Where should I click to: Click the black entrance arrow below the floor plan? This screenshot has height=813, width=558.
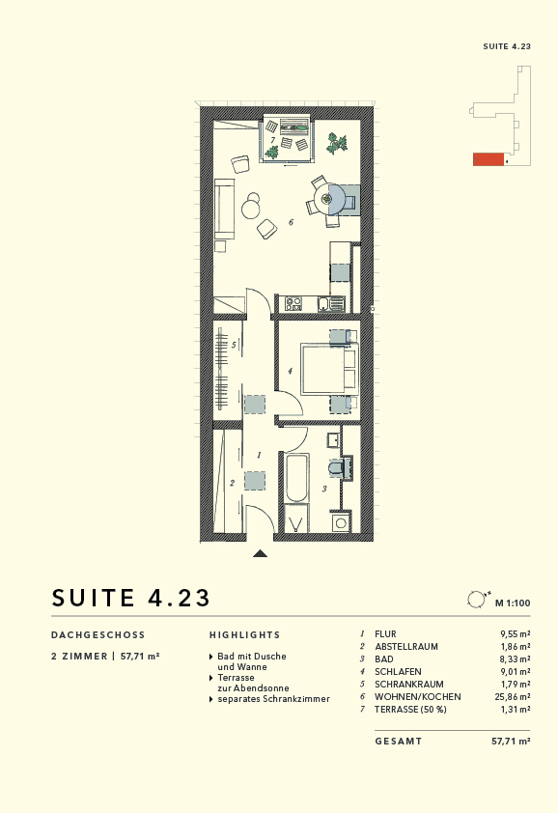(259, 553)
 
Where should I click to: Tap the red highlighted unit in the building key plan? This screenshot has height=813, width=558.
(488, 159)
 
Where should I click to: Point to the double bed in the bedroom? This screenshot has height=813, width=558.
(326, 369)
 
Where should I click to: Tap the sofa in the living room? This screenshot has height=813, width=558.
(226, 210)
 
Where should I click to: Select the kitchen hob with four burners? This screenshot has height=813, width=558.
(293, 304)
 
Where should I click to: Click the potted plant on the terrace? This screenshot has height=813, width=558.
(337, 143)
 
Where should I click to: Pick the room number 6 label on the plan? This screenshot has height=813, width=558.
(290, 223)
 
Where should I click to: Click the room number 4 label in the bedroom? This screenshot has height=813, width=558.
(290, 370)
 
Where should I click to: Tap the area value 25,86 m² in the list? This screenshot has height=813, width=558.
(510, 696)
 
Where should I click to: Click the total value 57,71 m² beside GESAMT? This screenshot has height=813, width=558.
(511, 741)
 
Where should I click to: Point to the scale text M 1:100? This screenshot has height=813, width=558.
(513, 603)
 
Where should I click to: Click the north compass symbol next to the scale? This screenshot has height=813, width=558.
(475, 600)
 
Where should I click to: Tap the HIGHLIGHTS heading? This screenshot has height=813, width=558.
(244, 635)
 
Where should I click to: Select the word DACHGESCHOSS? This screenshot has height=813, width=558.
(98, 635)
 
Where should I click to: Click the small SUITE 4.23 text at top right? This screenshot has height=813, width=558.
(507, 45)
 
